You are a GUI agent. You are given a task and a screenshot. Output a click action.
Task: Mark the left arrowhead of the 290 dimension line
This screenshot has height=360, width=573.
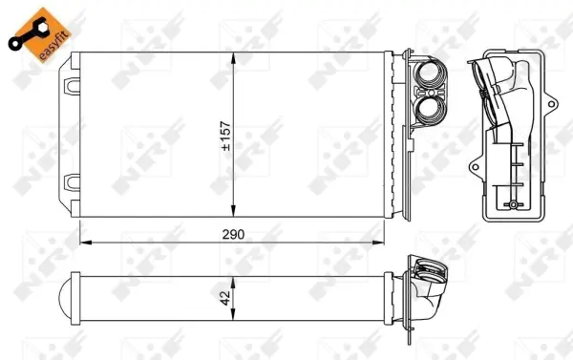click(x=82, y=243)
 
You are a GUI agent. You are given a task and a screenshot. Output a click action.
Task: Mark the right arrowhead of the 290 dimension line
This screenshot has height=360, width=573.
click(x=405, y=243)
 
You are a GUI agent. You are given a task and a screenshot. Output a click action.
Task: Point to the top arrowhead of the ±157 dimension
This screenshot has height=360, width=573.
click(x=235, y=60)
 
